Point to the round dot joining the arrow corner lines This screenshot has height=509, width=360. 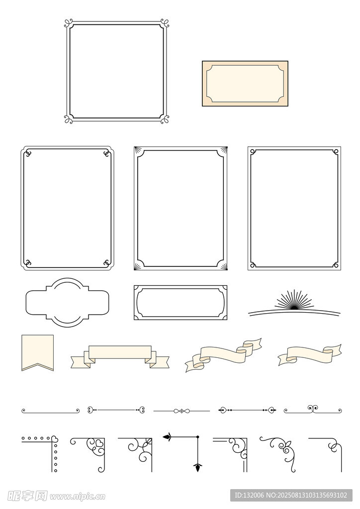tap(197, 437)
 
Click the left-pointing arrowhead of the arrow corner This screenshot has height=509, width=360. tap(167, 437)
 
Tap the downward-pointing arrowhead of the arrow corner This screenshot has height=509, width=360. tap(197, 467)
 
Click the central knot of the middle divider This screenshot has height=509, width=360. tap(182, 411)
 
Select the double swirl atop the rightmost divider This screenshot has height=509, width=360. tap(313, 408)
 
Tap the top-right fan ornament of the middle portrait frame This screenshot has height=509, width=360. tap(223, 150)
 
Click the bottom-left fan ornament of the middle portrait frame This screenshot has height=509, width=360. tap(138, 266)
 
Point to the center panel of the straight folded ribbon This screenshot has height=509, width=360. tap(120, 352)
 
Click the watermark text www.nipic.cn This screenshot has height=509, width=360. tap(77, 497)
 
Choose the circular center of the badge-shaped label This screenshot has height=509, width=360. tap(67, 302)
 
